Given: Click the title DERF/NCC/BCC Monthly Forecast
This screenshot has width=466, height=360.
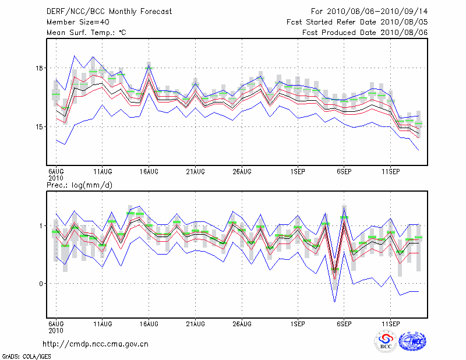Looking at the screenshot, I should tap(109, 12).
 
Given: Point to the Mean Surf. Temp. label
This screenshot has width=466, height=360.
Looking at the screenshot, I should tap(87, 33).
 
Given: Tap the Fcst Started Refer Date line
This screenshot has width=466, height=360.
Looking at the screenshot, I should tap(358, 22).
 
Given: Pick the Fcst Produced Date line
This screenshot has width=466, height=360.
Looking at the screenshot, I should tap(365, 33).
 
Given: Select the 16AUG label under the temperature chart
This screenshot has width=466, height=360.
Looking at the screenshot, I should tap(149, 172).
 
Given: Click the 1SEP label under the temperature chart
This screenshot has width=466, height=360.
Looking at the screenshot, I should tap(298, 172).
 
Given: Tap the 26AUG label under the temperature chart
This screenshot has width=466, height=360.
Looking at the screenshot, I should tap(242, 172).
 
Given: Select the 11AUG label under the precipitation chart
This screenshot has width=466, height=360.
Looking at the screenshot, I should tap(103, 323).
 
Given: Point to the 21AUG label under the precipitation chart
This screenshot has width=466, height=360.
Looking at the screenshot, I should tap(195, 323).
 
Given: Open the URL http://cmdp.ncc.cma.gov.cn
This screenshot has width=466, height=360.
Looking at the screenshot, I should tap(96, 344).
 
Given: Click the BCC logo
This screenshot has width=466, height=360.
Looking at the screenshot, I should tap(385, 341).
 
